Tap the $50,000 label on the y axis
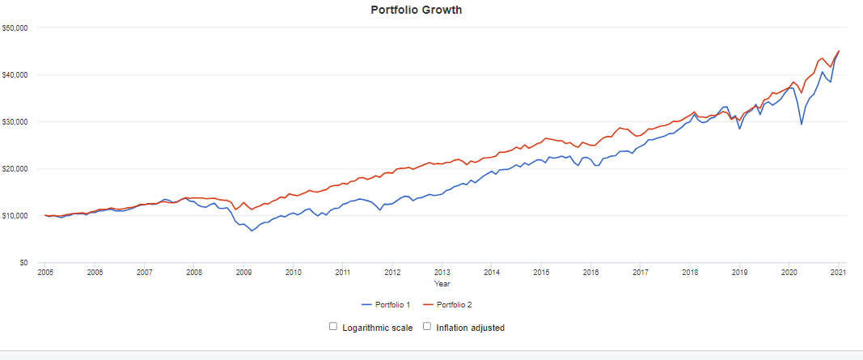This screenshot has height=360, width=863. pyautogui.click(x=16, y=28)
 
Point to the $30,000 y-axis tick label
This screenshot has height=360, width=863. pyautogui.click(x=16, y=122)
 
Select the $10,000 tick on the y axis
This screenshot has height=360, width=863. pyautogui.click(x=16, y=216)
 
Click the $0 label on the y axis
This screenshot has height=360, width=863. pyautogui.click(x=24, y=263)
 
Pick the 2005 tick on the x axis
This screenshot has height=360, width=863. pyautogui.click(x=45, y=273)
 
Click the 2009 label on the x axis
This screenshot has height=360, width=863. pyautogui.click(x=243, y=273)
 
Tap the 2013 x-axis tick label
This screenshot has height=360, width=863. pyautogui.click(x=442, y=273)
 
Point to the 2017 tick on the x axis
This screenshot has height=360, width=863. pyautogui.click(x=640, y=273)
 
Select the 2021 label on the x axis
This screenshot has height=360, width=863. pyautogui.click(x=838, y=273)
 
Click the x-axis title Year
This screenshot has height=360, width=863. pyautogui.click(x=442, y=284)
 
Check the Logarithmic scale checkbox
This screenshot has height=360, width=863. pyautogui.click(x=333, y=327)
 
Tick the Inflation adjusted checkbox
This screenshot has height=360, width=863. pyautogui.click(x=427, y=327)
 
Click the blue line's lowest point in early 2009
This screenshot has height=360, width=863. pyautogui.click(x=252, y=231)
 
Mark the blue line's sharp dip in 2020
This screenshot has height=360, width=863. pyautogui.click(x=801, y=124)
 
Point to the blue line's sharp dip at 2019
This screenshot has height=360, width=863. pyautogui.click(x=739, y=129)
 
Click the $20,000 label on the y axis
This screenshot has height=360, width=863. pyautogui.click(x=16, y=169)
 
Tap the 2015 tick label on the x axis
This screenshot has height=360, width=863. pyautogui.click(x=541, y=273)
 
